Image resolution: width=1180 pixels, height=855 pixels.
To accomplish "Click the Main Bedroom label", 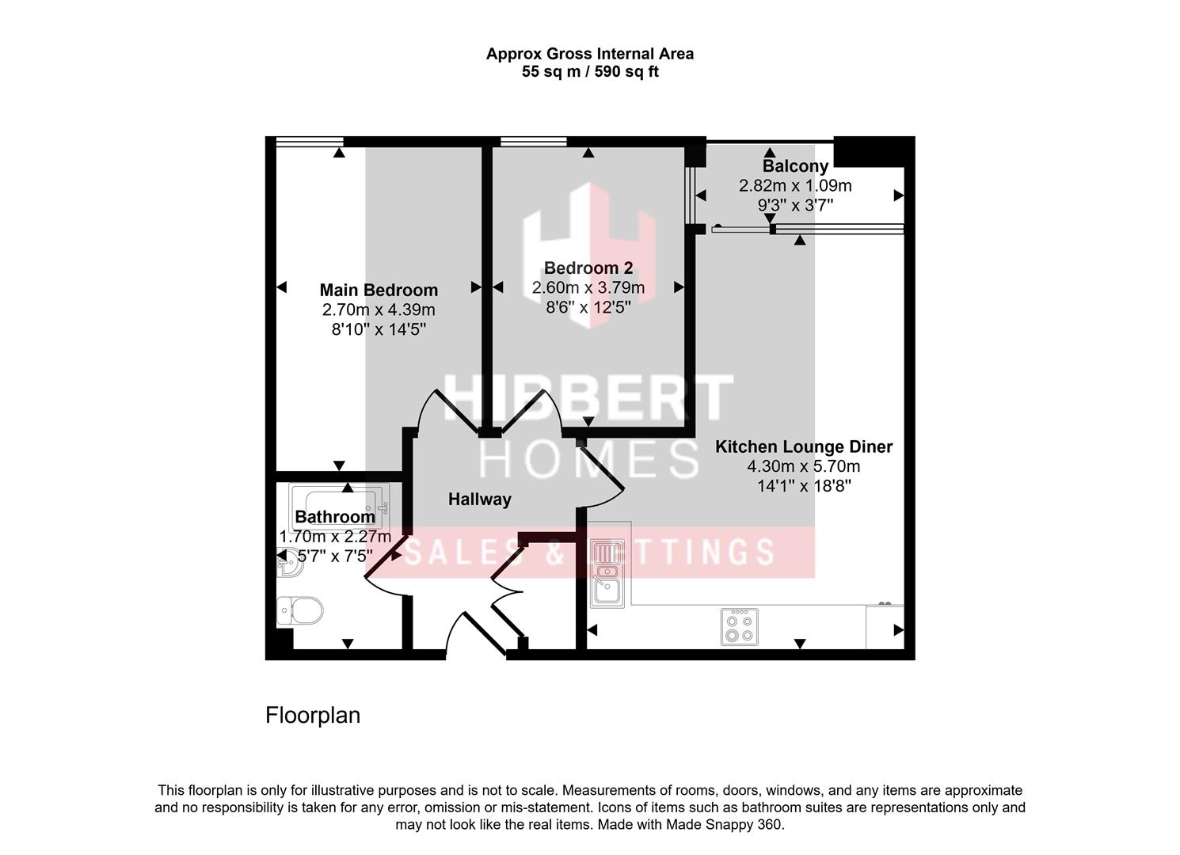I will point(379,290).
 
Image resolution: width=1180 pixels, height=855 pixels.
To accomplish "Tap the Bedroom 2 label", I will point(588,268).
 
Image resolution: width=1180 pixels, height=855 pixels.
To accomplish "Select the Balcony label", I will point(795,166).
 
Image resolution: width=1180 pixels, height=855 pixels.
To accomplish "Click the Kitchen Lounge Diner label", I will point(803,446).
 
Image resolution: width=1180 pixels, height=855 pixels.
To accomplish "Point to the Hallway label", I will point(479,500).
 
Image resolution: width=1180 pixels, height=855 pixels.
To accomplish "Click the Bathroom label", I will point(334,517).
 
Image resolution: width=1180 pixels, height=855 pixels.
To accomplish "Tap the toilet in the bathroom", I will point(301,611).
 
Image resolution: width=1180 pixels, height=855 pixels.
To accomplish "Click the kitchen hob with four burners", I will point(739,626).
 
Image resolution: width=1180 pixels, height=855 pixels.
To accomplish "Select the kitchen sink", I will point(607,573).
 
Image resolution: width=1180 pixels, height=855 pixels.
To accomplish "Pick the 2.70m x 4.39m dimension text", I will point(379,310).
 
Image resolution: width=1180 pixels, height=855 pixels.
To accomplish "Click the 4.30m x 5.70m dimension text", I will point(803,466).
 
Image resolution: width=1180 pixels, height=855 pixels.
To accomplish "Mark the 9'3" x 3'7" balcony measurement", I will point(795,205).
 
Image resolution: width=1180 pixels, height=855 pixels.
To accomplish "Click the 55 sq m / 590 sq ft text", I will point(590,72).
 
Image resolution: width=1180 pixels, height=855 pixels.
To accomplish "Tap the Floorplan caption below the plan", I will point(313,716).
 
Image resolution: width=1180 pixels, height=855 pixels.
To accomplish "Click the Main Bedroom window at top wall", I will point(309,142).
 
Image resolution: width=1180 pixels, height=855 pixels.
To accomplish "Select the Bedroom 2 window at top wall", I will point(534,142).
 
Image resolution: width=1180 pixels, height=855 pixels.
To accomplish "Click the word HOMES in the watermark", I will point(589,459).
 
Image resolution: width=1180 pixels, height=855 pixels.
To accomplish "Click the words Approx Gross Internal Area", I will point(590,54).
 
